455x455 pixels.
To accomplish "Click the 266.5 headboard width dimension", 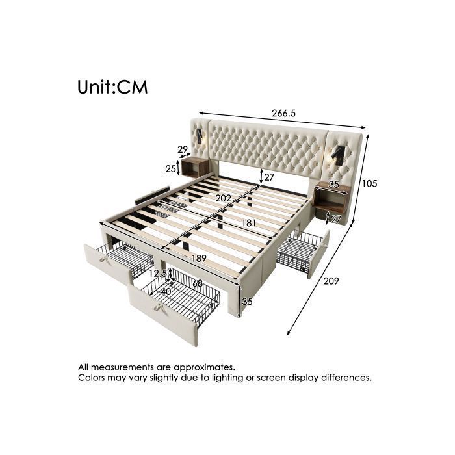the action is (283, 113).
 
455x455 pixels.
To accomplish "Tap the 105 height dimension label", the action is (369, 183).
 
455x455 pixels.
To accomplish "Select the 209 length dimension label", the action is (331, 281).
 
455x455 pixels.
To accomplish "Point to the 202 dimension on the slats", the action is (223, 198).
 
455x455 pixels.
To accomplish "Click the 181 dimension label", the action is (249, 223).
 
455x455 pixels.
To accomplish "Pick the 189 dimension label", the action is (199, 258).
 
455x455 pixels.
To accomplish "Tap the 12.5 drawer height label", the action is (158, 274).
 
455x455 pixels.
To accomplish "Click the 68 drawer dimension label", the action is (198, 283).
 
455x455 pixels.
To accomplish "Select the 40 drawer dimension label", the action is (166, 292).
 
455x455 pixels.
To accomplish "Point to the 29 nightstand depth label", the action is (183, 149).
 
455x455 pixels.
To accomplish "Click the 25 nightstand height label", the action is (170, 168).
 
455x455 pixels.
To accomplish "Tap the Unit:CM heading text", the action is (112, 87).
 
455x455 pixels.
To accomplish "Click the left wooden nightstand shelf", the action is (195, 167).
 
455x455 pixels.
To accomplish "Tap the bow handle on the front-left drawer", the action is (105, 257).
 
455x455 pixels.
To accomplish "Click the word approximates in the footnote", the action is (205, 367).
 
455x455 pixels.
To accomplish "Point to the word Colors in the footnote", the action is (92, 378).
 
